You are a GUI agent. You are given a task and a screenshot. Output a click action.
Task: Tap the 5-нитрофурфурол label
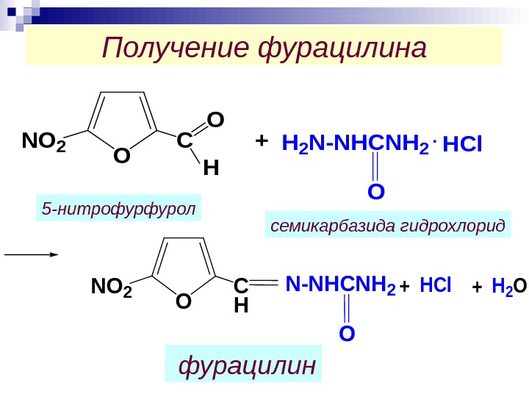click(x=119, y=210)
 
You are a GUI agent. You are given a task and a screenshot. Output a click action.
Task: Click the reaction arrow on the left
click(x=31, y=254)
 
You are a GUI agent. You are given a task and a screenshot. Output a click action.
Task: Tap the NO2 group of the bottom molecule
click(x=111, y=285)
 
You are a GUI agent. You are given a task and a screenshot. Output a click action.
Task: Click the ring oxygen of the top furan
click(x=121, y=156)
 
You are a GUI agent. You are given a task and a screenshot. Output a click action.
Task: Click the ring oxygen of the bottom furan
click(x=184, y=301)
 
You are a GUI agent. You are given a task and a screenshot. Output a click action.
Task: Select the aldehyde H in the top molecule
click(x=211, y=169)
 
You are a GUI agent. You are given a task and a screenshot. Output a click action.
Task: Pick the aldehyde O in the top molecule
click(x=215, y=119)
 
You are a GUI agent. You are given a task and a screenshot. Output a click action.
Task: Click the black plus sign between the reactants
click(x=261, y=140)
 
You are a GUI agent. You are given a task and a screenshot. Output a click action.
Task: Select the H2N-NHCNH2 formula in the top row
click(x=355, y=146)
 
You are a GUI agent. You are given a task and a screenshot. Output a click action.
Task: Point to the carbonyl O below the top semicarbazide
click(x=375, y=192)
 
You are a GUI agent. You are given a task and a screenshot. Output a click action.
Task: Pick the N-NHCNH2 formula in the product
click(x=340, y=285)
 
